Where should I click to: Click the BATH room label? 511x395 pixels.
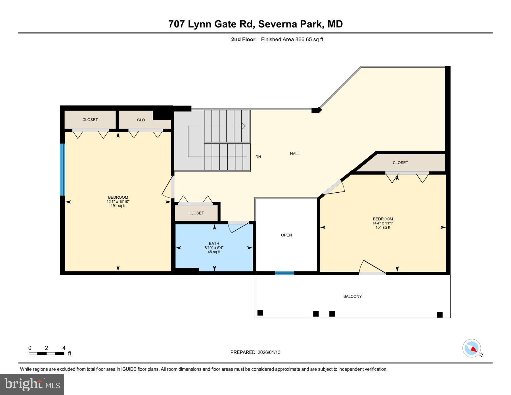coord(214,243)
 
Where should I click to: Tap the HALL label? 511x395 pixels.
coord(295,153)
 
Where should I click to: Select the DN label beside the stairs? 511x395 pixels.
coord(258,157)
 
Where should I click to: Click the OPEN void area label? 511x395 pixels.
coord(286,235)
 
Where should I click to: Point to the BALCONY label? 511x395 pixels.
coord(352,296)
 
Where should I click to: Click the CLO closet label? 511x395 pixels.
coord(141,120)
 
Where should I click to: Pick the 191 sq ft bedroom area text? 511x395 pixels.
coord(118,206)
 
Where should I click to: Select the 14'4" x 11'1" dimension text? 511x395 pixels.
coord(383,223)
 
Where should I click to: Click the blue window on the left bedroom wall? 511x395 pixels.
coord(62,170)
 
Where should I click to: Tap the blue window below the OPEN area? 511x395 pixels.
coord(284,273)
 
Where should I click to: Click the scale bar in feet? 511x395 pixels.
coord(46,354)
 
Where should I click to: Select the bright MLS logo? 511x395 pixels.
coord(32,384)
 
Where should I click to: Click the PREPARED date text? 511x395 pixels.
coord(255,352)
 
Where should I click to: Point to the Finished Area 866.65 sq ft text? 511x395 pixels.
coord(292,39)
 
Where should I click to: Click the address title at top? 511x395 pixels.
coord(255,24)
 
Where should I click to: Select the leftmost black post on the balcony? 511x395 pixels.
coord(260,313)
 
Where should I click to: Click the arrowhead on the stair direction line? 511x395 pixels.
coord(244,126)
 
